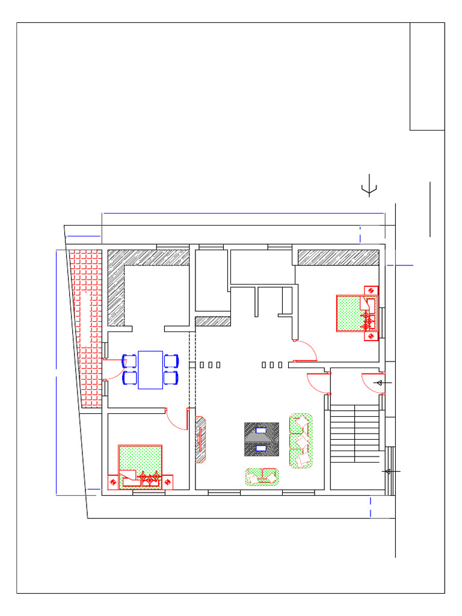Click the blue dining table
[x=150, y=370]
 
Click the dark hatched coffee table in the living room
[x=262, y=439]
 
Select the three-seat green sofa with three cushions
[x=301, y=440]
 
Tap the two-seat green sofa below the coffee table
[x=262, y=476]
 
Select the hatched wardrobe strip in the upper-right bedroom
[x=339, y=257]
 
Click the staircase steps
[x=355, y=433]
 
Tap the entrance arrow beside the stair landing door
[x=379, y=383]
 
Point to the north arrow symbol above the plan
[x=369, y=188]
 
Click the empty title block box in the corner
[x=427, y=76]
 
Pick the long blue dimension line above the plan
[x=244, y=213]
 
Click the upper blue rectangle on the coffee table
[x=262, y=430]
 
